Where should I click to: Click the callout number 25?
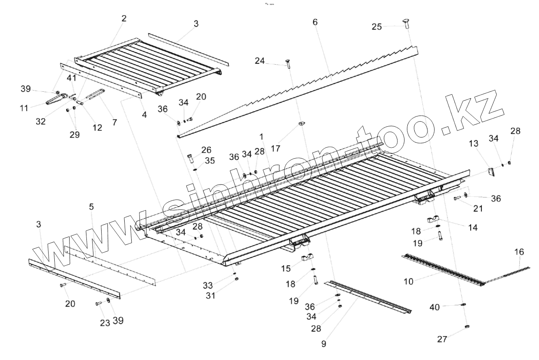point(376,27)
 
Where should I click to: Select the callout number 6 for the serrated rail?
point(315,22)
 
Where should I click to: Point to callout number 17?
point(276,149)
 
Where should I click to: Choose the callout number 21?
point(478,208)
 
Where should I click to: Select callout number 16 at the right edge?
point(519,252)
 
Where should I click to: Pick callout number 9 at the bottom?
point(324,344)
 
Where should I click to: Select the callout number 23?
point(105,323)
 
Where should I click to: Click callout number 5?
point(92,207)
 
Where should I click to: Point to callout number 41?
point(72,78)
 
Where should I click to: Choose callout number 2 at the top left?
point(124,18)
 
